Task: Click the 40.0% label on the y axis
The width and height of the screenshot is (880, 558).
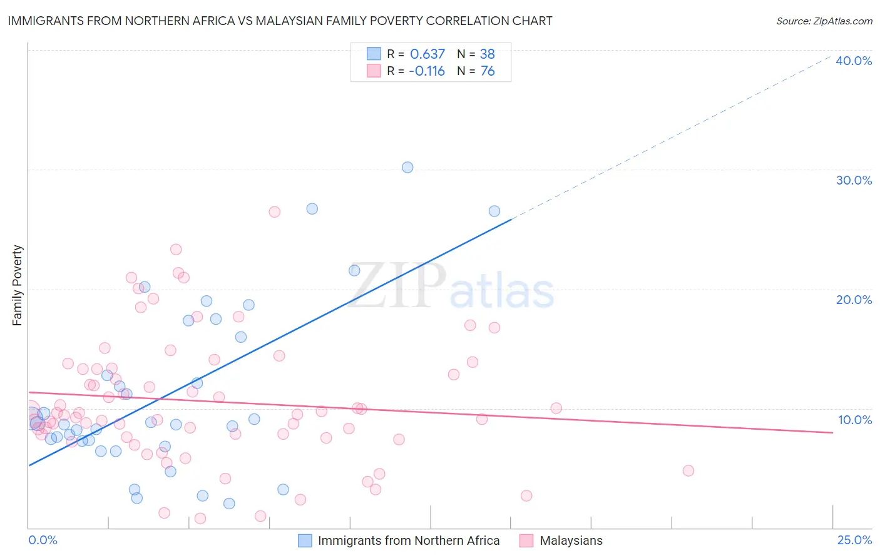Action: tap(854, 61)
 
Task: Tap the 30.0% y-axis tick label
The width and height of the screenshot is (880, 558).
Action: tap(854, 180)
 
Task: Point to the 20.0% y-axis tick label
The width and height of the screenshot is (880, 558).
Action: tap(854, 300)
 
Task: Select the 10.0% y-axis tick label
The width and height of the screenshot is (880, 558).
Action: tap(855, 420)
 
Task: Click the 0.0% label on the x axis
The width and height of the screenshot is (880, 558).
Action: tap(43, 540)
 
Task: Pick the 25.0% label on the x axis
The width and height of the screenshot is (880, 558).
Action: tap(854, 540)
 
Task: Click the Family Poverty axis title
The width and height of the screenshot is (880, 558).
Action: tap(18, 285)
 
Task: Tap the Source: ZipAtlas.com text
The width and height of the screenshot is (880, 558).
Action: tap(824, 21)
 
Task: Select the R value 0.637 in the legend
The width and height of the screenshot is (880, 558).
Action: tap(427, 54)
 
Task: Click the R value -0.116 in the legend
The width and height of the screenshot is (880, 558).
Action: tap(427, 71)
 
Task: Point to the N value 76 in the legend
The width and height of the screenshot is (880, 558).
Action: tap(488, 71)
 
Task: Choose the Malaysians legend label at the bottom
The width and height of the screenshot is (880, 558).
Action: tap(571, 540)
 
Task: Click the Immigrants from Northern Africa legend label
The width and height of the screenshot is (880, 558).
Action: tap(408, 540)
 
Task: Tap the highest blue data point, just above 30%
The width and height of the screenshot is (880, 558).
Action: tap(407, 167)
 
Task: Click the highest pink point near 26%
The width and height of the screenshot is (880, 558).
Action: tap(274, 211)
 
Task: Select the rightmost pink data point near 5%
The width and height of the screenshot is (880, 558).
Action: tap(688, 470)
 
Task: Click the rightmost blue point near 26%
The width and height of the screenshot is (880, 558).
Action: tap(494, 211)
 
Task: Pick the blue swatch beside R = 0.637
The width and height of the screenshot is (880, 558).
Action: tap(374, 54)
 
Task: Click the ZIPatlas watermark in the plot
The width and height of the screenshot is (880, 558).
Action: tap(451, 287)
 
